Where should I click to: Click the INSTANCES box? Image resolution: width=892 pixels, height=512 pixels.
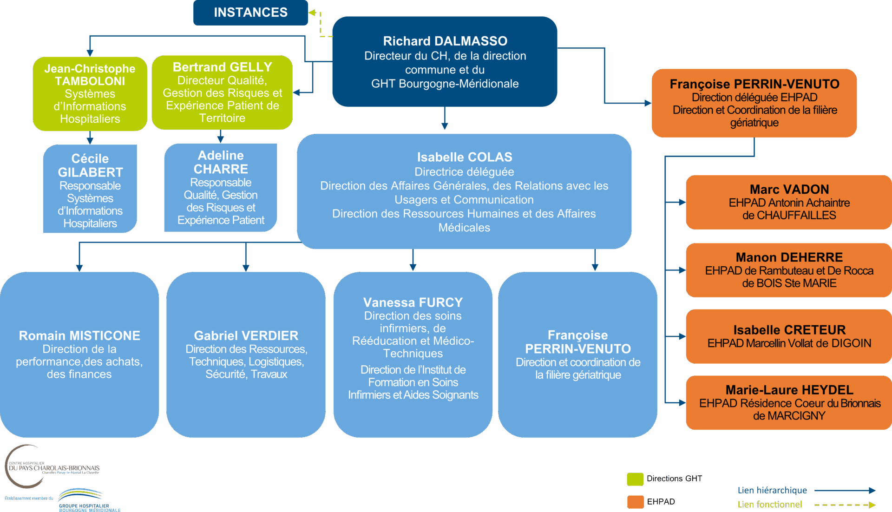(x=250, y=13)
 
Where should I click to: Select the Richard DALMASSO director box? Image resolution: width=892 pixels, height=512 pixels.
(x=445, y=62)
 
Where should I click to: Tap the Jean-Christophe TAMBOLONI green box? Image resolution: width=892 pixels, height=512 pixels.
(x=90, y=93)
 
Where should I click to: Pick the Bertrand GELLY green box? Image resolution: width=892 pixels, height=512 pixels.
(x=222, y=92)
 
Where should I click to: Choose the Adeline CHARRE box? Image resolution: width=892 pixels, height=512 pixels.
(x=221, y=187)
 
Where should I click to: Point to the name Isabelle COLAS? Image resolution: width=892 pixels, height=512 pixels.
(x=464, y=157)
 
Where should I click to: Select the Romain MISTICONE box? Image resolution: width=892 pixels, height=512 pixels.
(x=79, y=354)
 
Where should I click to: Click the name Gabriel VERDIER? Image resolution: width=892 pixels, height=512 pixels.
(x=246, y=335)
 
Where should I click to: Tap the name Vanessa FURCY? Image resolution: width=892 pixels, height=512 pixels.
(x=413, y=302)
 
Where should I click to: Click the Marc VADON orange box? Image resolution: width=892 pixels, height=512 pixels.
(x=789, y=202)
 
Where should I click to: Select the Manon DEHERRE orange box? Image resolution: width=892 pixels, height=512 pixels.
(x=789, y=270)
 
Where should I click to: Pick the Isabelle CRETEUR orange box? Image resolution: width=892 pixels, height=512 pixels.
(x=789, y=336)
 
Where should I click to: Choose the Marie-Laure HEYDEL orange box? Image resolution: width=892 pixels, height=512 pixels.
(x=789, y=402)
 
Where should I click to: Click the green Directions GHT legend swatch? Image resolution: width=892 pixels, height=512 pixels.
(x=635, y=479)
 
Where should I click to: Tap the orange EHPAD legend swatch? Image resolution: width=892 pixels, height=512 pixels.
(x=635, y=502)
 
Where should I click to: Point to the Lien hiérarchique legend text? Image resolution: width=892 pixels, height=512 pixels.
(x=772, y=490)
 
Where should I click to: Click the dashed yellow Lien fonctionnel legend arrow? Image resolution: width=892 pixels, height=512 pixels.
(x=845, y=505)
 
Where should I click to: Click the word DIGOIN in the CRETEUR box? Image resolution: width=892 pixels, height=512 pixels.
(x=851, y=343)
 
